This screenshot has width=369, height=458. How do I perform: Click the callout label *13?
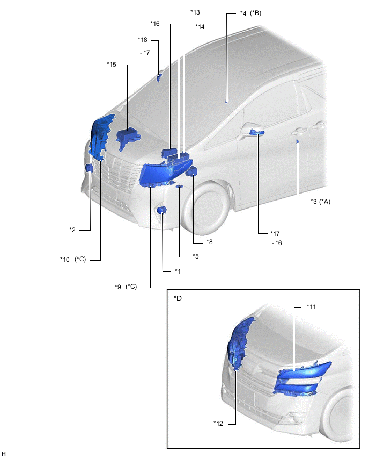click(195, 12)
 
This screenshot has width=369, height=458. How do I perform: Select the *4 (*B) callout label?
click(250, 13)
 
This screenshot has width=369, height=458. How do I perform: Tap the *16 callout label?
click(155, 24)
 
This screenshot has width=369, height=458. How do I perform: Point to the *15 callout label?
click(112, 65)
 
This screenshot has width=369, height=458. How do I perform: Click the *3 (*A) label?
click(320, 202)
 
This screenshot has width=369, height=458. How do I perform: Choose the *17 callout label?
click(275, 234)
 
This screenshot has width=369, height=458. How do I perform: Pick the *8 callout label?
click(210, 242)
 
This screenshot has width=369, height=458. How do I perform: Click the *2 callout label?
click(72, 230)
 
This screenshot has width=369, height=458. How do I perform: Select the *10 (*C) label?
click(73, 260)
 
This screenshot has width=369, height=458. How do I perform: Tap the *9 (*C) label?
click(126, 287)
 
